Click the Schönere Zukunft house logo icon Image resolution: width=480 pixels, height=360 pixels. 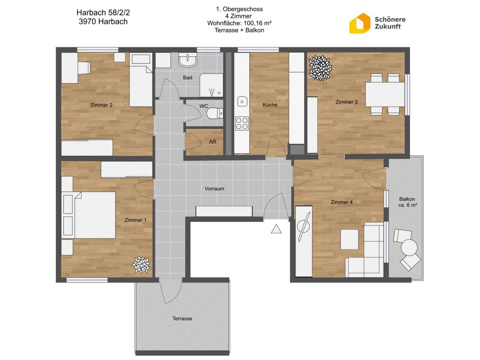pos(359,23)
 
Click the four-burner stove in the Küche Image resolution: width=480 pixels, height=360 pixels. pos(242,123)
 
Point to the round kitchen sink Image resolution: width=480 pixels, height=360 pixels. pos(242,102)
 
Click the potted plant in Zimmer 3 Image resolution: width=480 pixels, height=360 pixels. pos(320,68)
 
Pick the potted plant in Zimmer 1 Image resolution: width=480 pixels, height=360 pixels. pos(141,265)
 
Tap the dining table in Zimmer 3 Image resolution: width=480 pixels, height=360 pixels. pos(385,94)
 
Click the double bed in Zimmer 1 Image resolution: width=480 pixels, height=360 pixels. pos(88,215)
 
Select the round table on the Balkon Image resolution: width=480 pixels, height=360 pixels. pos(409,247)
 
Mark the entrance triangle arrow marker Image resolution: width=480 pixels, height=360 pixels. pos(276,229)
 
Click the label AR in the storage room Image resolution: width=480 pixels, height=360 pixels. pos(212,142)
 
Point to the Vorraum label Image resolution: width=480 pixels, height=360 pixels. pos(214,188)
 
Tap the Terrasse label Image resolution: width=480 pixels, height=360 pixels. pos(182,318)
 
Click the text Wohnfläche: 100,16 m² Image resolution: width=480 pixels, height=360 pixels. pos(239,23)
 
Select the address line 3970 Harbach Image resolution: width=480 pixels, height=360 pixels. pos(103,21)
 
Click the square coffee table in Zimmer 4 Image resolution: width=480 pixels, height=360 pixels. pos(349,239)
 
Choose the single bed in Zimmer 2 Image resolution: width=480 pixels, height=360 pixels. pos(141,80)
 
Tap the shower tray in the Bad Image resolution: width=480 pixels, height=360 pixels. pos(211,85)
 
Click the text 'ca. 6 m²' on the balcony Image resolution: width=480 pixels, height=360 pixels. pos(408,205)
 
